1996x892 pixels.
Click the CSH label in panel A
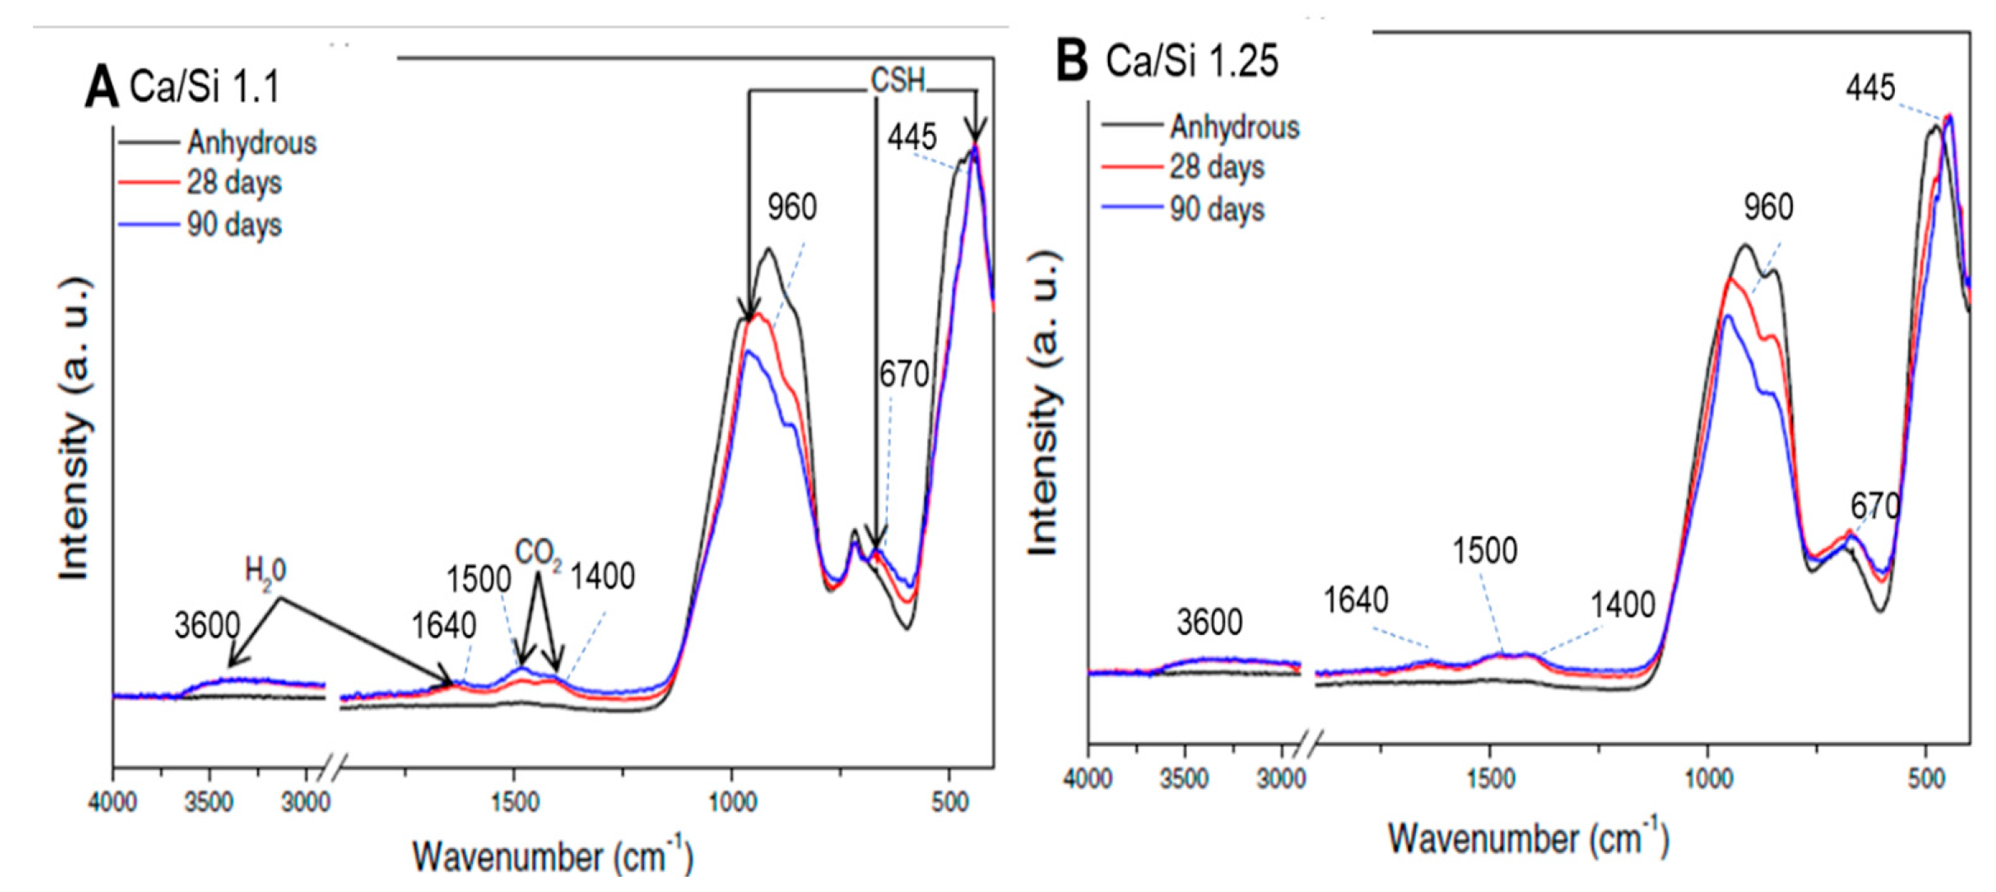tap(897, 81)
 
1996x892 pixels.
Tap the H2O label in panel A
tap(265, 572)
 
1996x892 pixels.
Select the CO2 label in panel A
tap(538, 555)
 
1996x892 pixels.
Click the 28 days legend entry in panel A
tap(233, 183)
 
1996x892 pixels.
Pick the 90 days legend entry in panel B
tap(1216, 209)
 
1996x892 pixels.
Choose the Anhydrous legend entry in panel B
tap(1234, 127)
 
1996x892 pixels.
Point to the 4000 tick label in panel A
tap(113, 801)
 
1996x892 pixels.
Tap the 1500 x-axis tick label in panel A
tap(515, 801)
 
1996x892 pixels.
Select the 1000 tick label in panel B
tap(1708, 777)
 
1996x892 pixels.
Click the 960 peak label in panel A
tap(791, 207)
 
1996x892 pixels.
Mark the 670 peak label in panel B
tap(1875, 506)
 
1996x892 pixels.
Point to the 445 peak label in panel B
tap(1870, 88)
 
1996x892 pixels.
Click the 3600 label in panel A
tap(207, 626)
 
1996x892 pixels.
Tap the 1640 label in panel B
tap(1355, 601)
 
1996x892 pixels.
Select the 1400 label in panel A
tap(602, 577)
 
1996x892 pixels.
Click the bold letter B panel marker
tap(1072, 61)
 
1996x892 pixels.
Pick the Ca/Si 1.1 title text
tap(204, 87)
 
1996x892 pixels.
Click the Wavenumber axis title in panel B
tap(1527, 839)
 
